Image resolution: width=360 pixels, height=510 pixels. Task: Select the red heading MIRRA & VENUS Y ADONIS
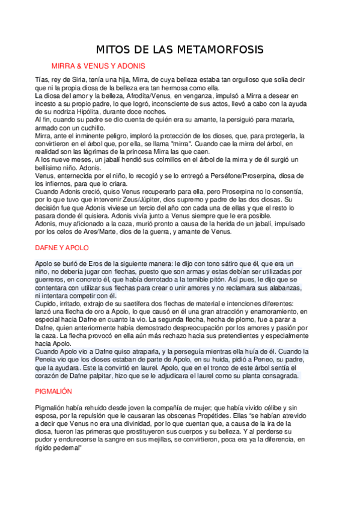coord(98,66)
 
